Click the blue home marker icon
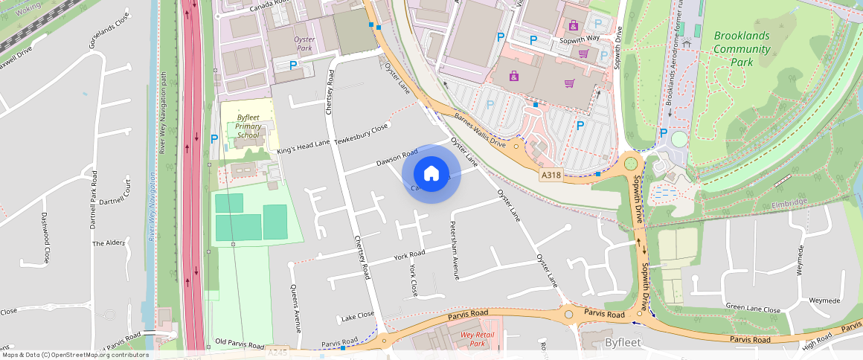431,174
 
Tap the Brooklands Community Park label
742,49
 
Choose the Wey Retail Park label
478,338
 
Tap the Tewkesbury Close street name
362,134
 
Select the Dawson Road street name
397,157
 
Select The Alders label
108,243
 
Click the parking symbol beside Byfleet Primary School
214,138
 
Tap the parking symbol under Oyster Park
293,65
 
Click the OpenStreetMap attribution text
74,355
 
